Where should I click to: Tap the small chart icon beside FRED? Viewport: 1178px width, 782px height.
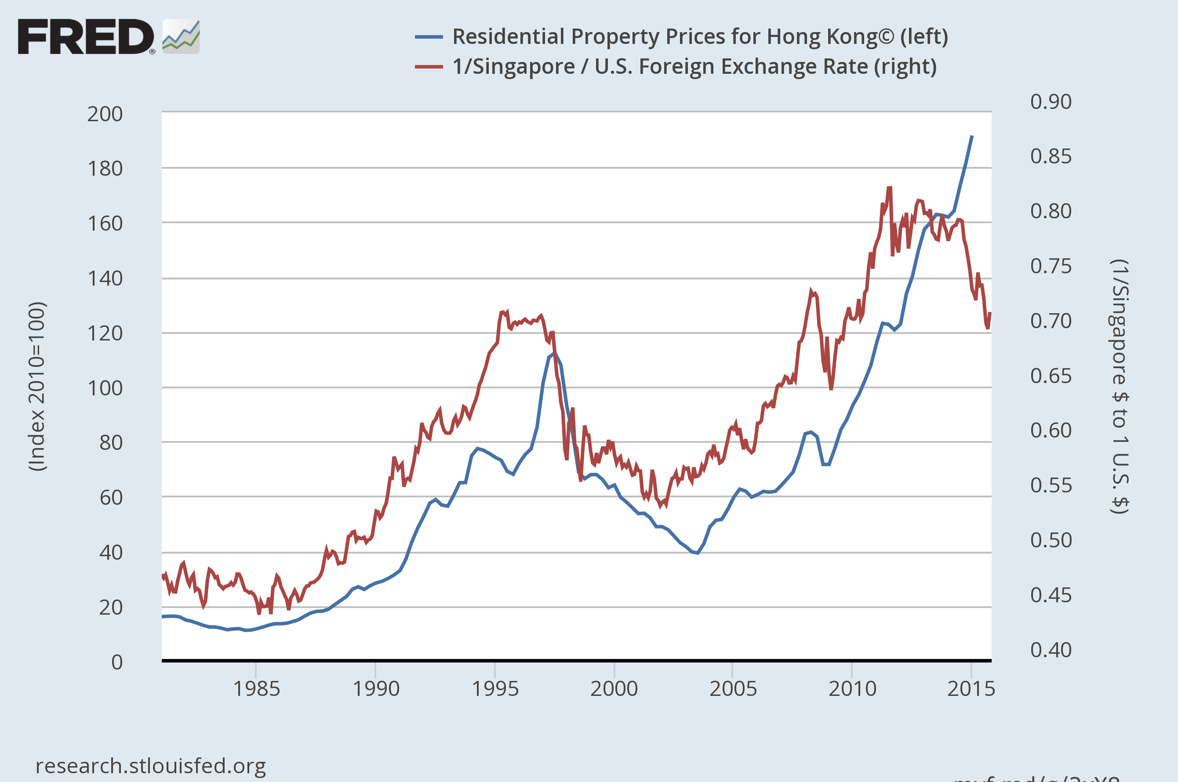pos(181,36)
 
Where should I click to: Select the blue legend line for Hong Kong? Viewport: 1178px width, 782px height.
pos(429,37)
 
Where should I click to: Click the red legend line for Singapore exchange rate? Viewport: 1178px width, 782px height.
pos(429,67)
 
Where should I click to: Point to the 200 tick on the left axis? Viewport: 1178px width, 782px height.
pos(105,114)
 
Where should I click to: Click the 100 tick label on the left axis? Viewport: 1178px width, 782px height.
pos(105,388)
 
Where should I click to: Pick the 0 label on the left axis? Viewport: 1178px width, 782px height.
pos(117,662)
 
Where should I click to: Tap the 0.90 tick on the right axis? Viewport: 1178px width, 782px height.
pos(1051,102)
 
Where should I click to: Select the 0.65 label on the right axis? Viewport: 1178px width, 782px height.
pos(1051,376)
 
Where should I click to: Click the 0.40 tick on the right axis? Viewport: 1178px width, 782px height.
pos(1051,650)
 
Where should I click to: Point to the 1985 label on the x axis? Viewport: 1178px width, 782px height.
pos(256,689)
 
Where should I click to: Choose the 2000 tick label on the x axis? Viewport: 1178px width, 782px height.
pos(614,689)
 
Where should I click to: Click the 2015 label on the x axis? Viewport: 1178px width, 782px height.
pos(971,689)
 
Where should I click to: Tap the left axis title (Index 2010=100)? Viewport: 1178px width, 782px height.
pos(37,387)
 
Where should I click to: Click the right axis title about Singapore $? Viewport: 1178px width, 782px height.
pos(1120,387)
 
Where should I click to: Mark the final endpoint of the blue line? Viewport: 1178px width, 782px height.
pos(972,136)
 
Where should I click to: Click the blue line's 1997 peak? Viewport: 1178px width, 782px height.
pos(554,354)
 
